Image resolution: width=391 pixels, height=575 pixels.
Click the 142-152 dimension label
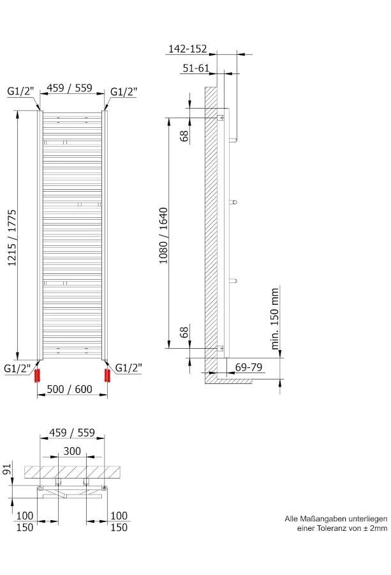tap(188, 49)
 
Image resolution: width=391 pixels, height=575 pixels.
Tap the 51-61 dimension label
tap(196, 68)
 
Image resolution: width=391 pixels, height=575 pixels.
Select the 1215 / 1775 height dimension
tap(12, 238)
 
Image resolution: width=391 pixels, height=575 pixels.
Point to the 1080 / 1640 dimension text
tap(163, 235)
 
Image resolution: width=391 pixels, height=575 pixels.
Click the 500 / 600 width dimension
tap(70, 388)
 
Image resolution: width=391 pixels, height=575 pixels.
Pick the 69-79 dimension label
tap(249, 367)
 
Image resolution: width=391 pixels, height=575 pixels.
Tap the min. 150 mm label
tap(275, 318)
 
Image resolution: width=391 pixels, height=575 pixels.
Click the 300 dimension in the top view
tap(72, 451)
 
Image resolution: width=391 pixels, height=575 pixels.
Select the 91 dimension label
tap(8, 468)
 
